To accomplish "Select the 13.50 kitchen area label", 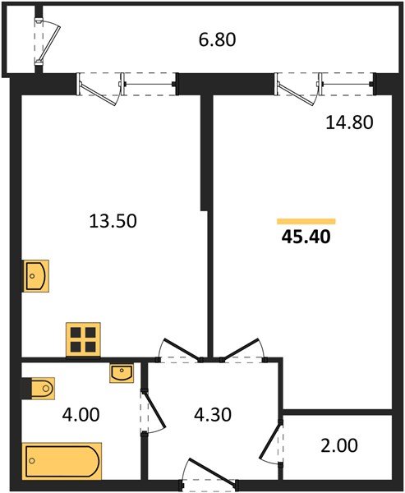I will pos(113,220).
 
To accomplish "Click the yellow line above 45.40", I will pos(306,221).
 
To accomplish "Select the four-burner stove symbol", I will pos(82,338).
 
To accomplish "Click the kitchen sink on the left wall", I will pos(36,275).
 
